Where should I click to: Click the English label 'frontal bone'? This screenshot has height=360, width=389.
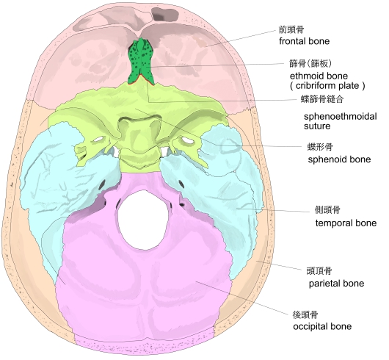tap(304, 41)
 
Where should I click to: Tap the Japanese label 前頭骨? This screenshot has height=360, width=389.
tap(291, 30)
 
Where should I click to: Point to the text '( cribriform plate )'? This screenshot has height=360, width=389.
tap(327, 86)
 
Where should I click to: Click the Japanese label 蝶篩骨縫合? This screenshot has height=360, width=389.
tap(322, 99)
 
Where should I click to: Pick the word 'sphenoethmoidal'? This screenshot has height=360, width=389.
tap(341, 116)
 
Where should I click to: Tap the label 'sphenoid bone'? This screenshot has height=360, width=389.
tap(339, 159)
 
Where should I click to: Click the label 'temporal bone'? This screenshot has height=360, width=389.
tap(346, 223)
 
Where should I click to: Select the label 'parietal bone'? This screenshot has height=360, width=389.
tap(336, 284)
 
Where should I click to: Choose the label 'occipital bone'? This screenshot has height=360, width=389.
tap(322, 326)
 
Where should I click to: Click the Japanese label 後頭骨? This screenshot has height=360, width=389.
tap(305, 314)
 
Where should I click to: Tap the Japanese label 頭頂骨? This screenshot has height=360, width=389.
tap(319, 270)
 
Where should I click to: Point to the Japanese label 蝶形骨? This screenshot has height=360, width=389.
tap(320, 147)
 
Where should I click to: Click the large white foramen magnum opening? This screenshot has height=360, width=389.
tap(142, 220)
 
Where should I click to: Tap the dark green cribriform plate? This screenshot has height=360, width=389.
tap(141, 62)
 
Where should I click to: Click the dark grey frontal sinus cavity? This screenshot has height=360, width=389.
tap(164, 14)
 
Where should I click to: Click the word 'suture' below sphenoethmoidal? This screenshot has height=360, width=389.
tap(317, 126)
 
